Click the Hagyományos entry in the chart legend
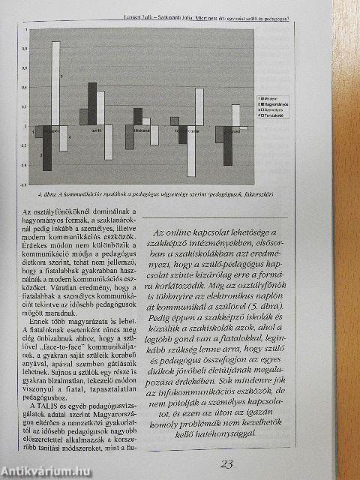click(x=271, y=103)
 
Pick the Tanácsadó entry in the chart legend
click(x=271, y=115)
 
